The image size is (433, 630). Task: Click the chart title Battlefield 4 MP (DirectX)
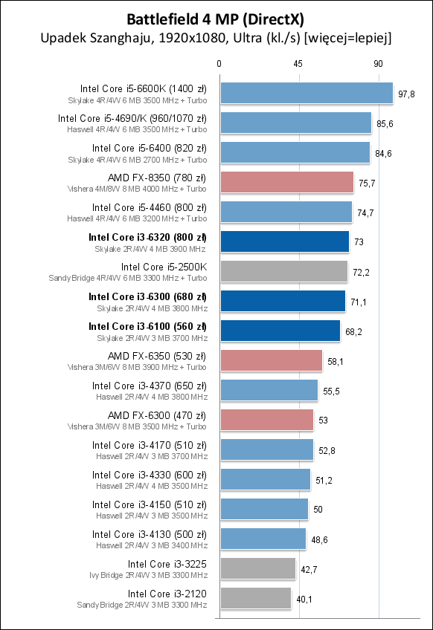[216, 19]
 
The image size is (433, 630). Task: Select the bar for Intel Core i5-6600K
[306, 93]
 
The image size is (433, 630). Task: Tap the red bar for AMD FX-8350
[286, 182]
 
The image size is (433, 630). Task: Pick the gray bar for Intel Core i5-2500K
[283, 271]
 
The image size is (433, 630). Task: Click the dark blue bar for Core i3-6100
[280, 331]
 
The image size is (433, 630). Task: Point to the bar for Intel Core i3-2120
[255, 598]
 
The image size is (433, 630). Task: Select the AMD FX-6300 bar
[266, 420]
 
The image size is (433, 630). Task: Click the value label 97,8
[407, 94]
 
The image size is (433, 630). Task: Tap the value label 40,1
[305, 599]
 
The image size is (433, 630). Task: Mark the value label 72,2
[362, 272]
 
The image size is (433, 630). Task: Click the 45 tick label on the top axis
[298, 64]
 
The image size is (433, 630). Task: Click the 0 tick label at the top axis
[219, 64]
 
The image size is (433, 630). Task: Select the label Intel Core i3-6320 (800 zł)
[147, 237]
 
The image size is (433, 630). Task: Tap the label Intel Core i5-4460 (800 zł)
[150, 207]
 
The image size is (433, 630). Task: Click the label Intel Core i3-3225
[167, 564]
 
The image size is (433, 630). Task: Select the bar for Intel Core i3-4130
[263, 539]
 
